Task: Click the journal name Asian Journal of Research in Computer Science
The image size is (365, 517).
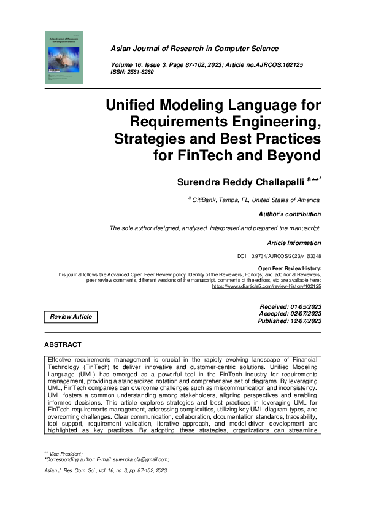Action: [194, 49]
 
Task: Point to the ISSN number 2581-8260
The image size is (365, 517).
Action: [140, 72]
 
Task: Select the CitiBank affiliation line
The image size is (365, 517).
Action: [256, 200]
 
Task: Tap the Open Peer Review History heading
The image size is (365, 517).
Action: [289, 269]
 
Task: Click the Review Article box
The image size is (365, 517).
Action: [71, 317]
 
